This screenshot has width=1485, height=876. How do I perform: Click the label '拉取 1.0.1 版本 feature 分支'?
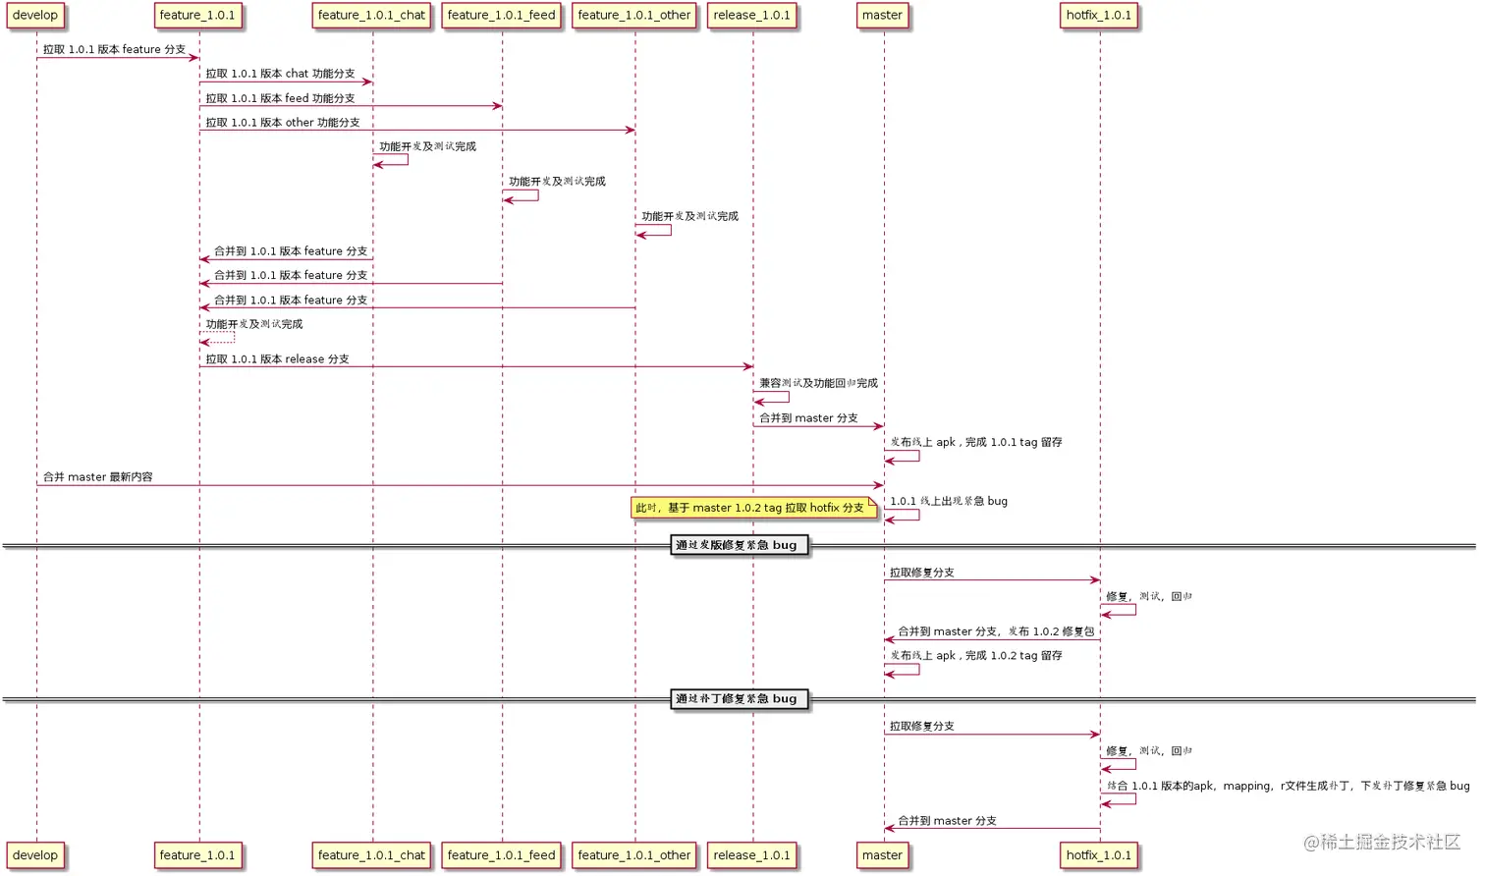[114, 49]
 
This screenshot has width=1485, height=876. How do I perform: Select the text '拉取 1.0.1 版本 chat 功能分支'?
[280, 74]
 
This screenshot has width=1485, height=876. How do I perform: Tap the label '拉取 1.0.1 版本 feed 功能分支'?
[280, 98]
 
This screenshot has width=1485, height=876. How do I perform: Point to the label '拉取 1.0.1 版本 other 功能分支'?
[282, 123]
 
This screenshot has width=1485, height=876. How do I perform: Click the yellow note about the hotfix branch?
[752, 508]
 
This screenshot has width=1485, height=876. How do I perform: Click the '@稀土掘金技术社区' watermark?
[1381, 842]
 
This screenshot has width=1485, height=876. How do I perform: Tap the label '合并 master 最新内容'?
[97, 477]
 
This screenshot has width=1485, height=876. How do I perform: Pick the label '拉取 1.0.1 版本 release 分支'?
[277, 359]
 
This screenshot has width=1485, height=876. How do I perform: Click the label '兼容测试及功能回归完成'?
[818, 383]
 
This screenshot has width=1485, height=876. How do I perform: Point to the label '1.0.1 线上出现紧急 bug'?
[948, 501]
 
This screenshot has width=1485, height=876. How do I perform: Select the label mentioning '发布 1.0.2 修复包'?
[995, 631]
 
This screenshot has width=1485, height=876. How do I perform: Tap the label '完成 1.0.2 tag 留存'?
[975, 656]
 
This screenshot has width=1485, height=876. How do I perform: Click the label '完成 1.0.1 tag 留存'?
[975, 443]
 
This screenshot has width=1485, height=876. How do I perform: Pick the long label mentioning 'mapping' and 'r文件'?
[1288, 786]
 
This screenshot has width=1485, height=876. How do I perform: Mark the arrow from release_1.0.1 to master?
[818, 426]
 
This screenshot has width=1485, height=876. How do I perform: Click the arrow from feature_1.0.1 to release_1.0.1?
[476, 367]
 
